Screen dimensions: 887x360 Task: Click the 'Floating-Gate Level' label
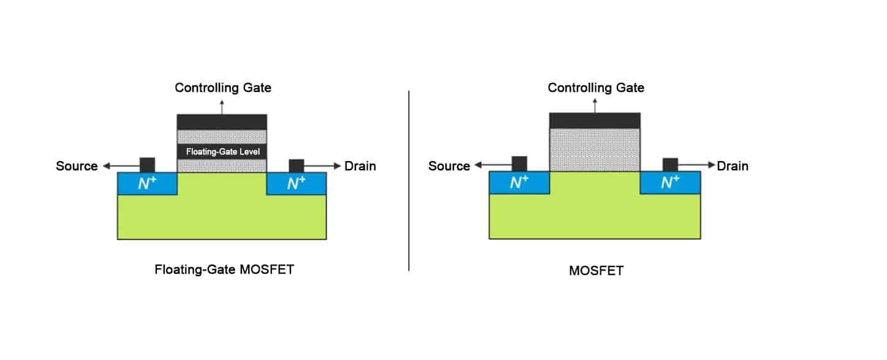click(223, 151)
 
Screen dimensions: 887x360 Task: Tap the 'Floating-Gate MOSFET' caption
click(224, 269)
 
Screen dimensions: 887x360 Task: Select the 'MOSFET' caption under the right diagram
click(596, 271)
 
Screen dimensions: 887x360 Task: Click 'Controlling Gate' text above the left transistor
click(223, 88)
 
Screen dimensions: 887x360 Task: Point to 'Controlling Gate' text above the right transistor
click(596, 88)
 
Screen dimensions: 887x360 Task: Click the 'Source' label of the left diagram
click(77, 166)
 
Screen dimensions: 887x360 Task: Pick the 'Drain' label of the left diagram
click(360, 166)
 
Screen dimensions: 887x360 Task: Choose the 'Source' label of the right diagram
click(449, 166)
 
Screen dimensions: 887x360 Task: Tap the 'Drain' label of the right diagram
click(733, 166)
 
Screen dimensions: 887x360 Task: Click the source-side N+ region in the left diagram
click(147, 184)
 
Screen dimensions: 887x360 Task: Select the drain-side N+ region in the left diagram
click(296, 184)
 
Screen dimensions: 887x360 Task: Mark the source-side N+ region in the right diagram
click(519, 182)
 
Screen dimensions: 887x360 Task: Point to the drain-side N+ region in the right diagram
click(670, 182)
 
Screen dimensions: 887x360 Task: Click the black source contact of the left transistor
click(147, 165)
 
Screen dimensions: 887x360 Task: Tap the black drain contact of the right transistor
click(670, 165)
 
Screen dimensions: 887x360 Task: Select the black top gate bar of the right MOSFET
click(595, 121)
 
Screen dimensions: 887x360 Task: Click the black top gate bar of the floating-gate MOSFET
click(222, 122)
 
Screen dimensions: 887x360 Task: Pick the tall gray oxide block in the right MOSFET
click(595, 150)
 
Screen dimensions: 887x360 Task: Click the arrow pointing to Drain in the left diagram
click(322, 166)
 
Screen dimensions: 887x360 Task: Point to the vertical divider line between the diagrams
click(409, 181)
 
